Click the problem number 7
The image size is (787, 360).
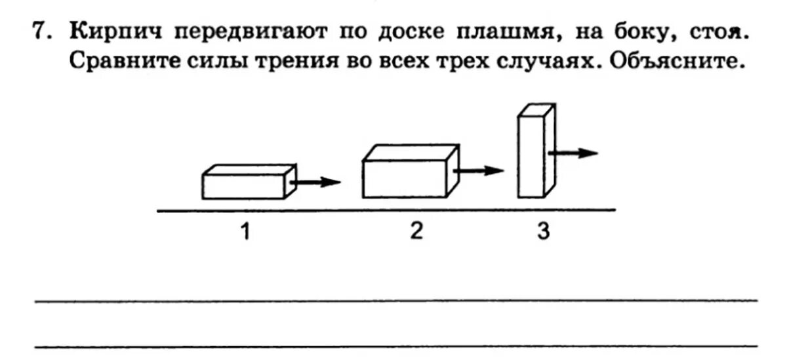coord(40,31)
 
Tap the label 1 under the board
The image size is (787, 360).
coord(245,232)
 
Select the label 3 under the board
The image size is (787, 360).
coord(543,232)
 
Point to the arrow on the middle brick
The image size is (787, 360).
coord(479,170)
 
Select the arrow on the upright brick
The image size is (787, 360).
coord(574,153)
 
